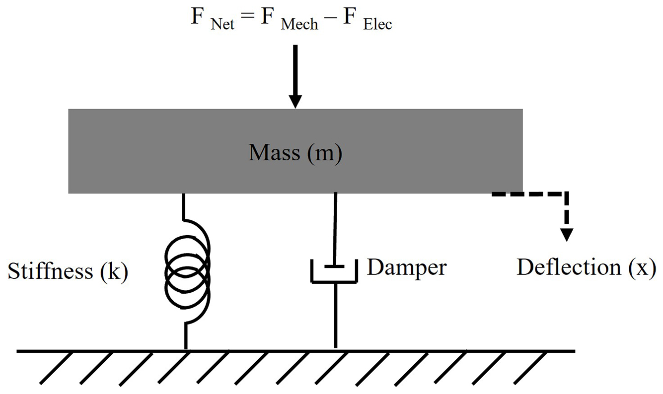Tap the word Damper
click(x=407, y=267)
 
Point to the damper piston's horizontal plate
click(x=335, y=266)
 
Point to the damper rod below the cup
click(x=335, y=315)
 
